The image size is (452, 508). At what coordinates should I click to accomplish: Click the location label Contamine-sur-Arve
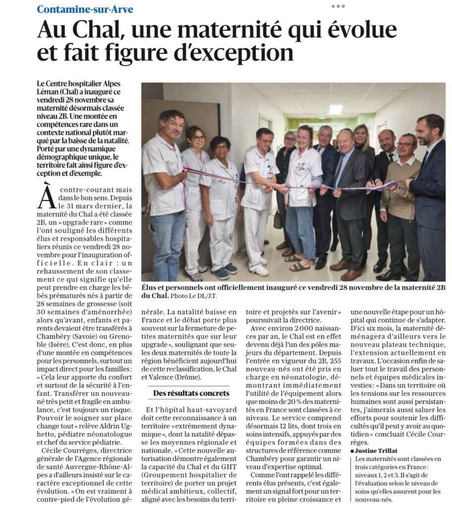[85, 9]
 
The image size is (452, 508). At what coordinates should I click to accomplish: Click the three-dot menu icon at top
[338, 6]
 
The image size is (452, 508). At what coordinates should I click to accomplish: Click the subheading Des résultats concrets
[191, 393]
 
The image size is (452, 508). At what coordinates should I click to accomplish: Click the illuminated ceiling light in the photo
[336, 109]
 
